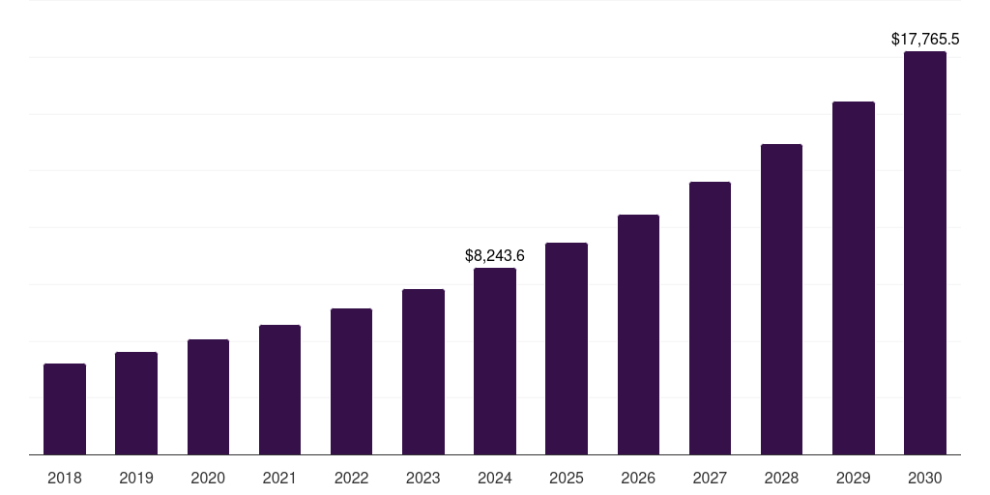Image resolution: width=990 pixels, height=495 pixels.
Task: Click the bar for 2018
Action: point(65,409)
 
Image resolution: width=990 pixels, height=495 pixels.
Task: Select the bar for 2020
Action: point(208,397)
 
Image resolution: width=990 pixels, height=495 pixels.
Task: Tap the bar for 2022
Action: point(351,382)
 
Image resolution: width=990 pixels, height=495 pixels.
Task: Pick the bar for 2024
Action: point(495,362)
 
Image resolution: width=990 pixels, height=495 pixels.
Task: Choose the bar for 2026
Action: point(638,335)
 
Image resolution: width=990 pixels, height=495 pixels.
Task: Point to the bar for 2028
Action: point(781,300)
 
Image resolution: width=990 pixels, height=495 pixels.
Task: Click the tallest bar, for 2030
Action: point(925,253)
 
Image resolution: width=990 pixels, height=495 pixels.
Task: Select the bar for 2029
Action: point(854,278)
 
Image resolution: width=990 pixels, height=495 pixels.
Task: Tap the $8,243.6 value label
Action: point(495,256)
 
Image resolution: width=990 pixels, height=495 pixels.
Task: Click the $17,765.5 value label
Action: point(925,40)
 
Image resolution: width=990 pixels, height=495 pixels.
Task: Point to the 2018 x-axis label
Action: point(65,478)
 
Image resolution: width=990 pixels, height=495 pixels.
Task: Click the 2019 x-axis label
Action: point(136,478)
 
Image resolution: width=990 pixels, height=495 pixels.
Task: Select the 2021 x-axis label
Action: point(279,478)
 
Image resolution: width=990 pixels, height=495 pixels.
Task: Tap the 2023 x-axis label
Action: point(423,478)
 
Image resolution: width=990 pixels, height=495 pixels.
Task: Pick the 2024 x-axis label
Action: point(495,478)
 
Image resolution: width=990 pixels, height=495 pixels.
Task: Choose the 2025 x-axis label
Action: point(567,478)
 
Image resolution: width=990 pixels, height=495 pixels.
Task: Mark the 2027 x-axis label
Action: point(710,478)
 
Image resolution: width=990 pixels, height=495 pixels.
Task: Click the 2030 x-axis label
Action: point(925,478)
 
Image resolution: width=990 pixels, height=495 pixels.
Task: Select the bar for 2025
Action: point(567,349)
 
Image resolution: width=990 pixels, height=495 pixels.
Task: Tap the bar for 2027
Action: point(710,318)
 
